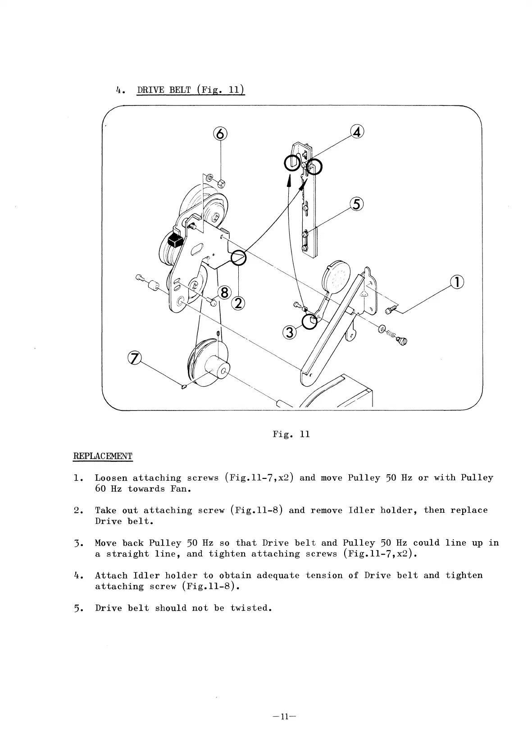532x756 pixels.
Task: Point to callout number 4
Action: [x=357, y=132]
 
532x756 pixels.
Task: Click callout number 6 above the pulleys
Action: [x=220, y=133]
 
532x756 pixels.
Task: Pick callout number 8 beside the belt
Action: [x=224, y=293]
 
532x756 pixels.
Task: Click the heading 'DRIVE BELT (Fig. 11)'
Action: [x=191, y=90]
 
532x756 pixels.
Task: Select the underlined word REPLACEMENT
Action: [x=103, y=456]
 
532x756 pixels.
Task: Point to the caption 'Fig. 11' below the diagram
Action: [x=291, y=434]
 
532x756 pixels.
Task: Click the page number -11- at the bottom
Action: [x=284, y=717]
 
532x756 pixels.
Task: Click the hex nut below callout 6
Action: [x=221, y=183]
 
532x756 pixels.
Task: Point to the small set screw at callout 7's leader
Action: [x=184, y=387]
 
